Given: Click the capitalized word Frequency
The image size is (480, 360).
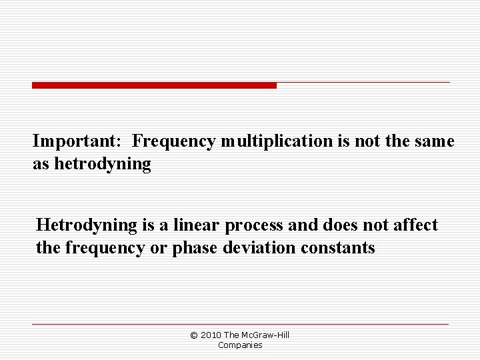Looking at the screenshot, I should [173, 141].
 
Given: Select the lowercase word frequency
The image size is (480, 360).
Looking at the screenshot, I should [99, 249].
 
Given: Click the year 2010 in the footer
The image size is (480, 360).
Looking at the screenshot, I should [210, 335].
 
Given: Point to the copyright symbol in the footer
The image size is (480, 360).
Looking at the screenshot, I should [194, 335].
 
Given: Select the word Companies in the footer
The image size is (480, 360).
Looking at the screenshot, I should [240, 345].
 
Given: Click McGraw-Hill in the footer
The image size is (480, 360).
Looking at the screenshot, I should [265, 335].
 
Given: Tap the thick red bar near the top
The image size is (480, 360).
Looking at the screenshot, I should [154, 85].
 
